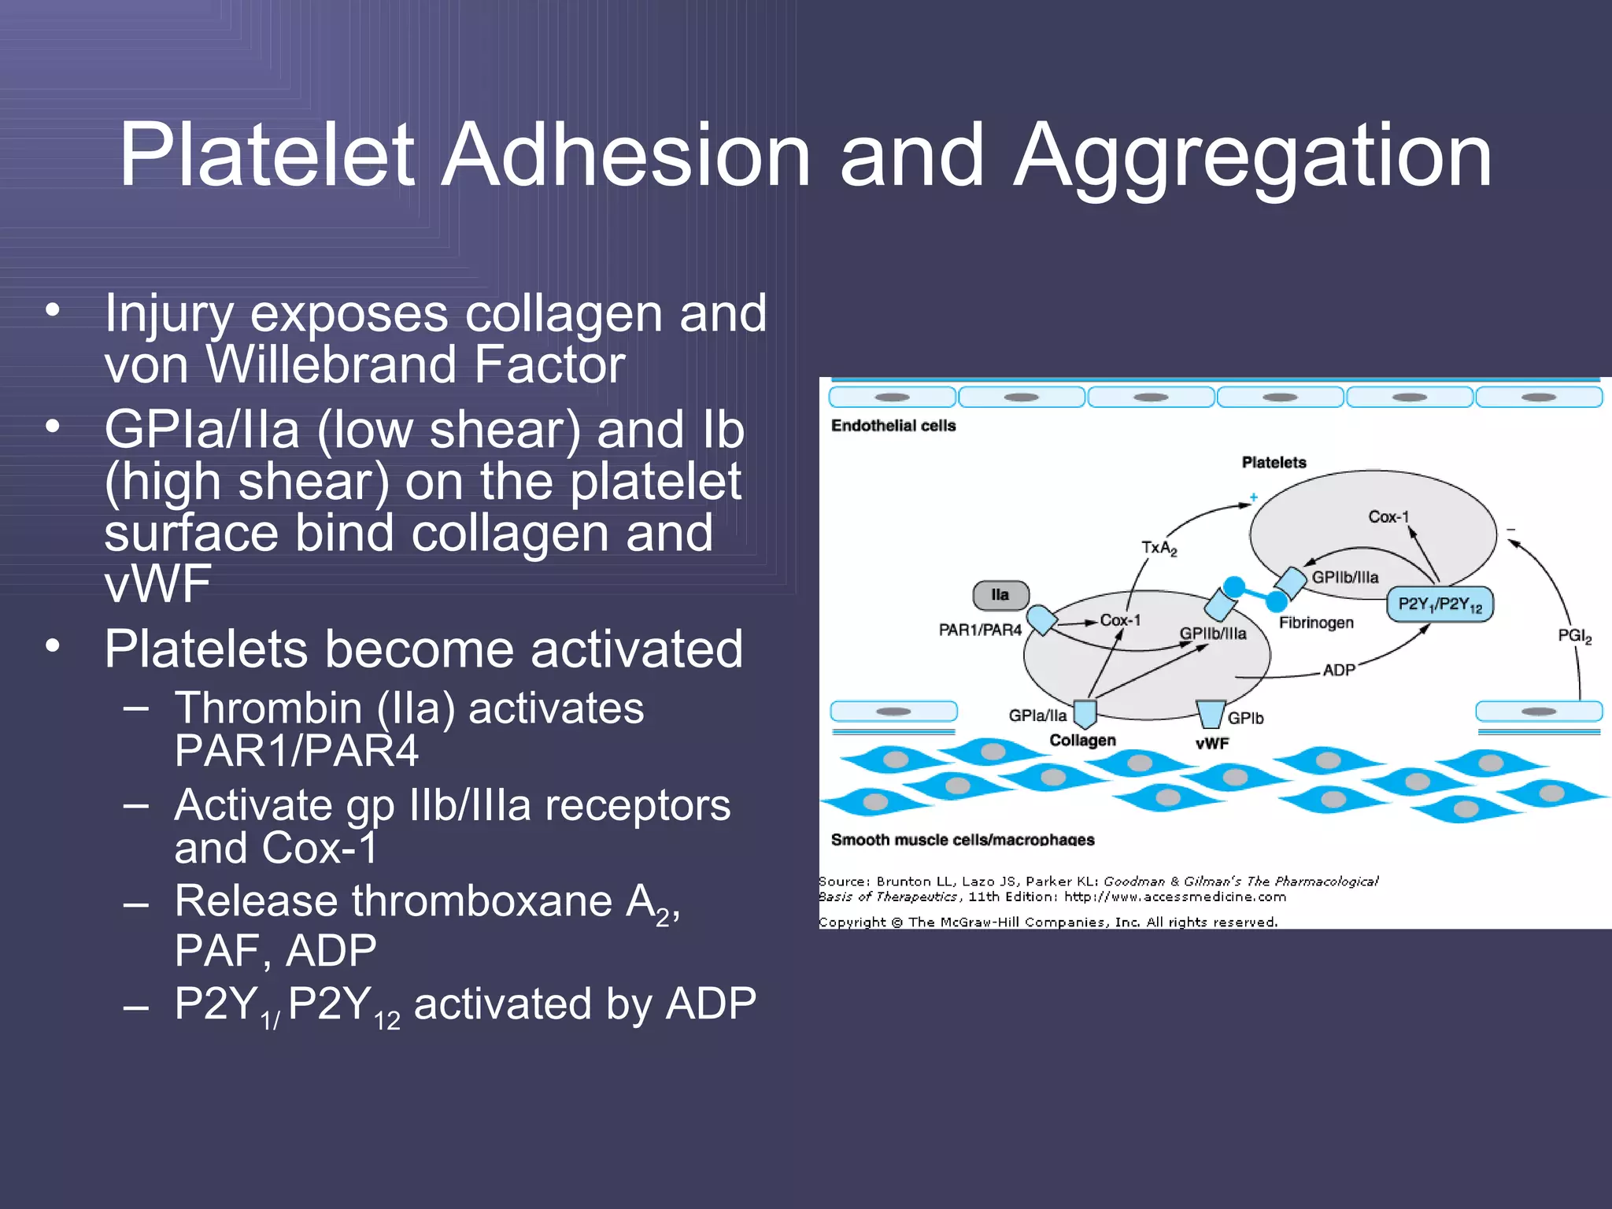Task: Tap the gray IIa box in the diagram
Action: point(1000,595)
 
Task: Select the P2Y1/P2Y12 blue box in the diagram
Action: point(1439,604)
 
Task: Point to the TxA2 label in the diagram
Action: point(1159,547)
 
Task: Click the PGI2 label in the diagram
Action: point(1574,636)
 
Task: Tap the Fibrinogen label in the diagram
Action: point(1316,623)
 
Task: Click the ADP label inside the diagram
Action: point(1339,670)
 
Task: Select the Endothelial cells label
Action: point(893,426)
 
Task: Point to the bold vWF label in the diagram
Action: point(1212,743)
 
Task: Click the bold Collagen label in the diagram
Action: point(1082,740)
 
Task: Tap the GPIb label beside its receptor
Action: point(1245,718)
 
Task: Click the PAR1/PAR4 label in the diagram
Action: point(980,630)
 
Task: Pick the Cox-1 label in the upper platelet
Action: point(1388,517)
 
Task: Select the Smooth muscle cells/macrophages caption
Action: point(963,840)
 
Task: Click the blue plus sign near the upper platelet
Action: point(1253,497)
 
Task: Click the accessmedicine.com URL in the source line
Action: point(1175,897)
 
